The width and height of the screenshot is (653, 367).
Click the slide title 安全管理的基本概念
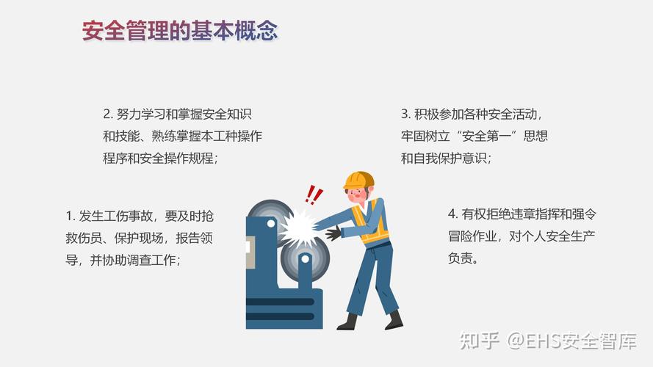click(x=180, y=32)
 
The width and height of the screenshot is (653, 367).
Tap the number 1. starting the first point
click(x=71, y=216)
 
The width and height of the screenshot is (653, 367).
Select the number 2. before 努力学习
click(x=108, y=114)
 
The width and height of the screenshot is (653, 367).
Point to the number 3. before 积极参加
click(x=405, y=114)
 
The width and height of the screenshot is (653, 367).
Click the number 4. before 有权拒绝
click(x=453, y=214)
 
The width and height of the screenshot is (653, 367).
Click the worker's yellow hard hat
click(x=359, y=179)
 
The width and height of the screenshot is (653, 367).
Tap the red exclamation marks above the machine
click(x=314, y=195)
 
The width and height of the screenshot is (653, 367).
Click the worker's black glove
click(x=333, y=233)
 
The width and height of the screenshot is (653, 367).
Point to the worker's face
click(x=356, y=195)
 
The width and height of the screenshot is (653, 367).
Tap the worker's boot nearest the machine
click(x=347, y=321)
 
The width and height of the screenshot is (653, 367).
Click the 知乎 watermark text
click(x=479, y=341)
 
